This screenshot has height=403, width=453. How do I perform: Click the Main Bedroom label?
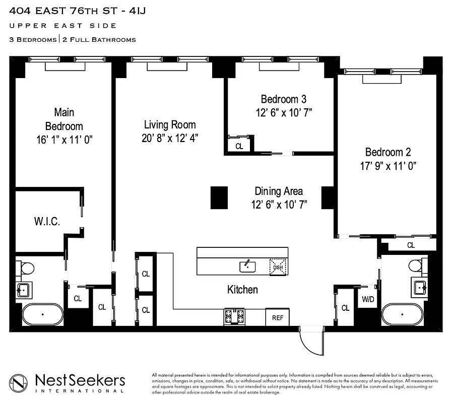(x=64, y=119)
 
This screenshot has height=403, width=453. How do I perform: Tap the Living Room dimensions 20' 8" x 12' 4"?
(x=169, y=138)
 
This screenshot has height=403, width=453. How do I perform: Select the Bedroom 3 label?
(x=283, y=99)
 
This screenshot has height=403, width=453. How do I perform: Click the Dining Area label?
(x=279, y=191)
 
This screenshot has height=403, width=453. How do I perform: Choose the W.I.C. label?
(x=47, y=221)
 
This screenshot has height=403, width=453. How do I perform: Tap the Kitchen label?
(x=242, y=290)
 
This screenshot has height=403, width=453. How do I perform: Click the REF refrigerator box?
(x=278, y=317)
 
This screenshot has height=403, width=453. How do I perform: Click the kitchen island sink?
(x=247, y=266)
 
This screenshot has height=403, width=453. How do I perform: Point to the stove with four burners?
(x=234, y=317)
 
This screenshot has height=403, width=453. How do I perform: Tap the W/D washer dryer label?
(x=367, y=300)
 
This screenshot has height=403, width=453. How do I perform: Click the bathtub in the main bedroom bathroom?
(x=42, y=315)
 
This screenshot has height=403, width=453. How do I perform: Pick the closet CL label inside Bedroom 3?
(x=239, y=146)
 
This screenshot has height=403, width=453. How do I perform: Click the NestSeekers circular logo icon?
(x=19, y=383)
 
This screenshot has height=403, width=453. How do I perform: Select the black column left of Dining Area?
(x=219, y=197)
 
